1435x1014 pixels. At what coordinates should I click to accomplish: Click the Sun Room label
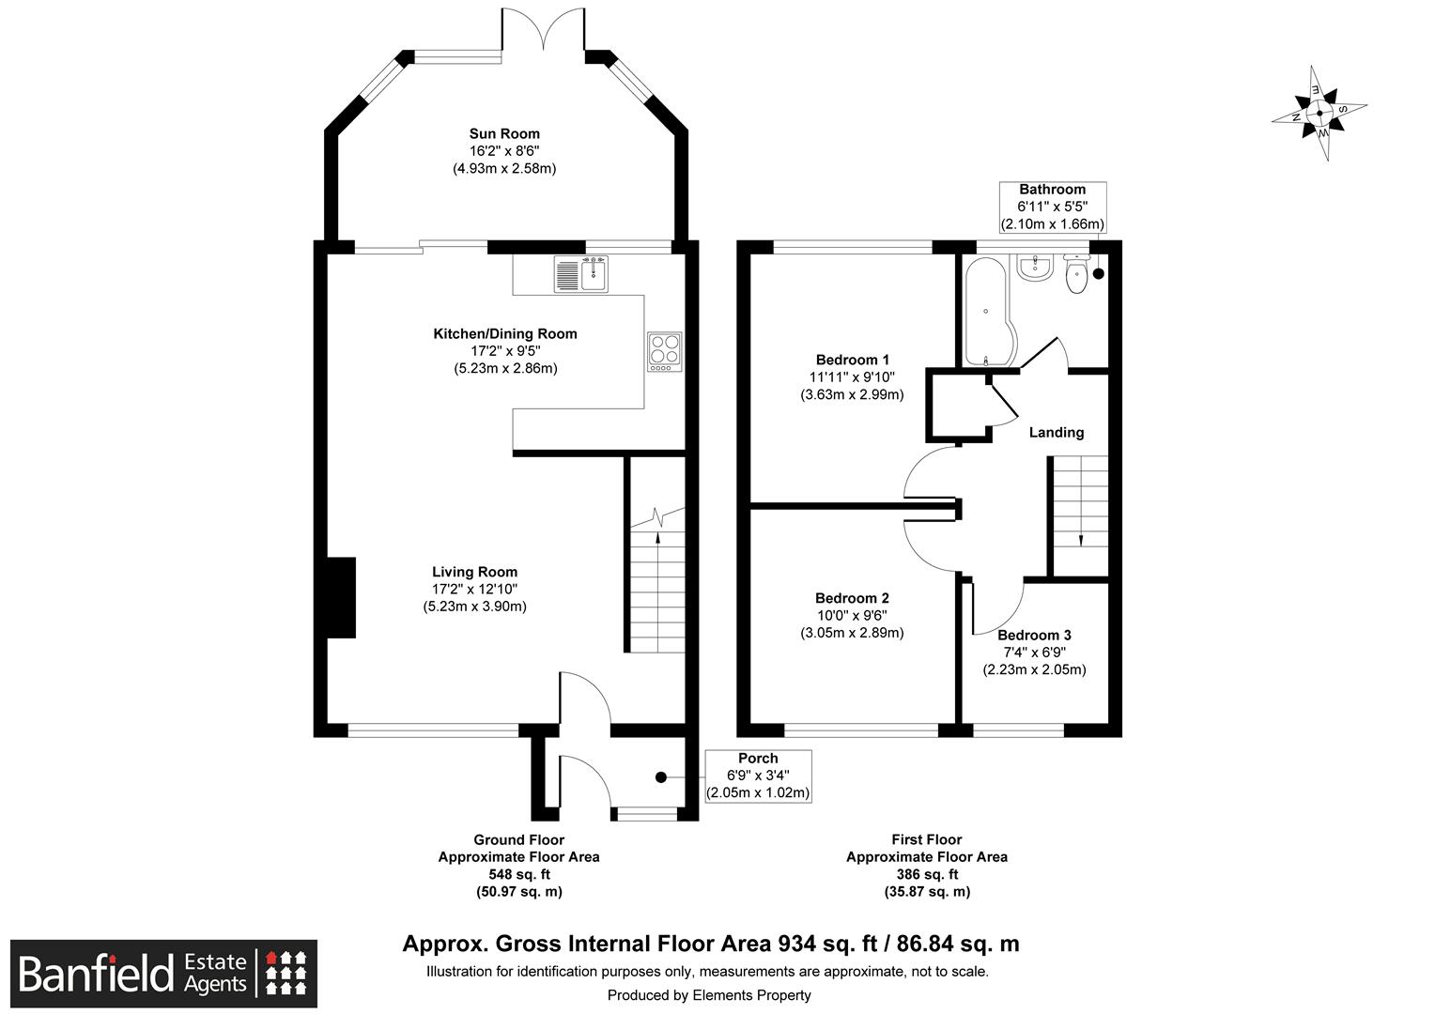(x=504, y=134)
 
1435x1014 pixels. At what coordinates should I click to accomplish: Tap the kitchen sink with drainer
(x=581, y=274)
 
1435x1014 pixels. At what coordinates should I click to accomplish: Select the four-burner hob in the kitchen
(x=664, y=352)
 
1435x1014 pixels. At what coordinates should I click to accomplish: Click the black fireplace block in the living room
(x=342, y=598)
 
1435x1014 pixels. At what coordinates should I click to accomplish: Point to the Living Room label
(x=474, y=572)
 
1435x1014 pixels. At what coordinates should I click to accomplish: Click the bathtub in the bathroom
(x=987, y=312)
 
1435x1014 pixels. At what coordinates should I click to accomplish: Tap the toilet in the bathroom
(x=1077, y=273)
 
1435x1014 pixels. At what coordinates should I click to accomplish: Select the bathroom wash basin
(x=1034, y=268)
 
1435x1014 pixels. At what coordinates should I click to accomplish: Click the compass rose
(x=1319, y=114)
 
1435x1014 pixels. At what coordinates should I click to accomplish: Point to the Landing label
(x=1057, y=433)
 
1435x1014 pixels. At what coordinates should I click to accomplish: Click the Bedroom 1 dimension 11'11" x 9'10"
(x=852, y=377)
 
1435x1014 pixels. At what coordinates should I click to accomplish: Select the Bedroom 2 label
(x=852, y=598)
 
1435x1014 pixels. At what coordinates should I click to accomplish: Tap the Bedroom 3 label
(x=1034, y=636)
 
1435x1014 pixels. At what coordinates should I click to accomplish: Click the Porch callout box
(x=759, y=776)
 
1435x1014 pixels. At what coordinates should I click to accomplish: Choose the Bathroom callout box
(x=1053, y=207)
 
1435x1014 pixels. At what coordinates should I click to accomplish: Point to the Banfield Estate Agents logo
(x=164, y=974)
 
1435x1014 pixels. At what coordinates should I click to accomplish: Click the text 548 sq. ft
(x=519, y=874)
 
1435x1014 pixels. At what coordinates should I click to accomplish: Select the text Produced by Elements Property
(x=709, y=995)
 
